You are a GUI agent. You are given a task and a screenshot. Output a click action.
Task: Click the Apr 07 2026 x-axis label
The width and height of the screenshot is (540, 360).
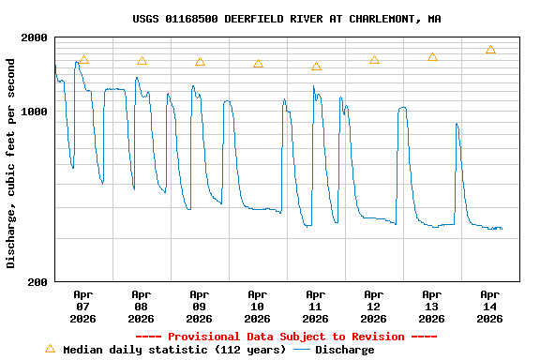pos(83,306)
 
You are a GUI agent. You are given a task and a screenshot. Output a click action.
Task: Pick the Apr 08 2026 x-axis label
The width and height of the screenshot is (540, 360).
pos(142,306)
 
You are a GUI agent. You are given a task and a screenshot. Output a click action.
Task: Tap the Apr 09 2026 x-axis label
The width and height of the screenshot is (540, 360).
pos(200,306)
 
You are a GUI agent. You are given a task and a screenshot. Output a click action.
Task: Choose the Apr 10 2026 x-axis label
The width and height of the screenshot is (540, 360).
pos(258,306)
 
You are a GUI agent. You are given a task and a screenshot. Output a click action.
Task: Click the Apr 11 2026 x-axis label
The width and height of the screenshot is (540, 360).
pos(316,306)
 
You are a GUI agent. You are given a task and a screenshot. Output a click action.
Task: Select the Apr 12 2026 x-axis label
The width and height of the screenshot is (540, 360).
pos(374,306)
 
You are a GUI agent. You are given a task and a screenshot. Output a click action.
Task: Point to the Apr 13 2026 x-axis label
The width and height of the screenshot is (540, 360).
pos(432,306)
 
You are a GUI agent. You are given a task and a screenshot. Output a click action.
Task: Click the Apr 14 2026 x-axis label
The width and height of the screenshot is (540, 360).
pos(490,306)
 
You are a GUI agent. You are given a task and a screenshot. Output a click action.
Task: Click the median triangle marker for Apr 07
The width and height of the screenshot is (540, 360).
pos(83,60)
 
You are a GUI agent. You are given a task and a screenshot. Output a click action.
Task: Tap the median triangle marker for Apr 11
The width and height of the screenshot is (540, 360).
pos(316,67)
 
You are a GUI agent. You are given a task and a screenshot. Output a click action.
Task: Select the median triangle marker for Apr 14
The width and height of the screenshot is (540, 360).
pos(490,50)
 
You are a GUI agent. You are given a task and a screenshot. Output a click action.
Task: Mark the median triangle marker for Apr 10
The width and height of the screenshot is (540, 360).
pos(258,64)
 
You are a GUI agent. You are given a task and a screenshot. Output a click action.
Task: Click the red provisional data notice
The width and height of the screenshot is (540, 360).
pos(286,337)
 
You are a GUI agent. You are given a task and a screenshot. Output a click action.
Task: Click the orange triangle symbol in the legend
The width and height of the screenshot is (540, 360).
pos(50,349)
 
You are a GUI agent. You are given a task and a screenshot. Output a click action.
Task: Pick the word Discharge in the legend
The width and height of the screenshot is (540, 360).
pos(344,350)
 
